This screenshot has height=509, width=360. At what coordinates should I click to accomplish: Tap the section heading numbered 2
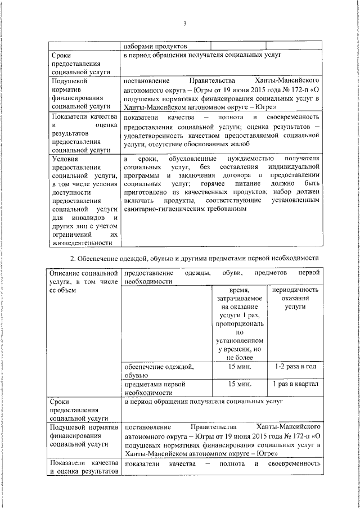tap(193, 258)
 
